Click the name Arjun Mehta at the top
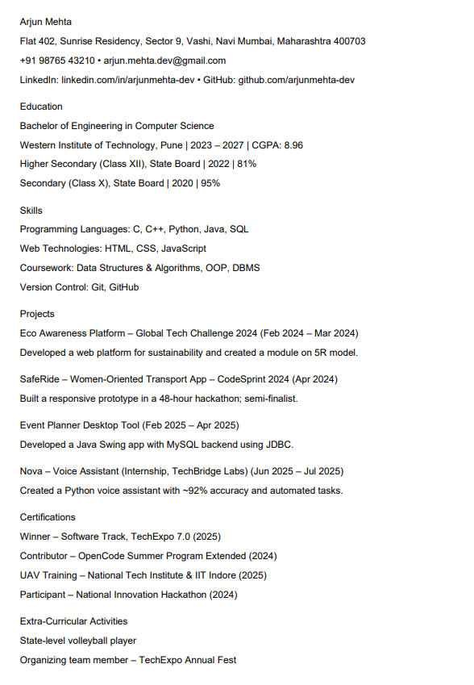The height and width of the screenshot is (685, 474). point(45,22)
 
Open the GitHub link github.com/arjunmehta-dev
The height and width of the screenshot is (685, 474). point(296,80)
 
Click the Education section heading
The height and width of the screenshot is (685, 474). point(41,107)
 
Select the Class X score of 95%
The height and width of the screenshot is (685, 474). point(210,184)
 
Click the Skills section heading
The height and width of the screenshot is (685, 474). point(31,211)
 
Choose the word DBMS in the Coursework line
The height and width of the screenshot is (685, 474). point(246,269)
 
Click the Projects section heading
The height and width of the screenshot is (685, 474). point(37,314)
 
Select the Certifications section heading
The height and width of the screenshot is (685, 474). point(48,517)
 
